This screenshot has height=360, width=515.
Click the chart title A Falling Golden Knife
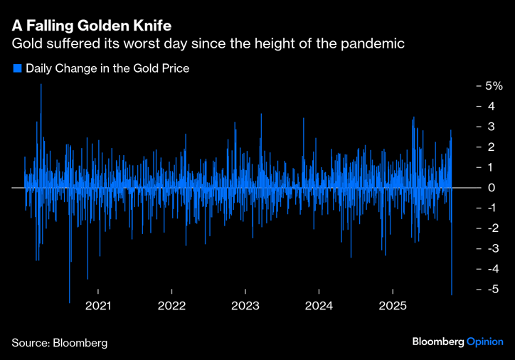click(x=91, y=26)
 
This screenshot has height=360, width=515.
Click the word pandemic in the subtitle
click(x=371, y=44)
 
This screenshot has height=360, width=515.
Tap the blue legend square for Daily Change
click(x=17, y=69)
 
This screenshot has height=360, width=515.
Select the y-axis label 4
click(x=491, y=106)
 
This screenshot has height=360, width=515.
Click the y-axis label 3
click(x=491, y=127)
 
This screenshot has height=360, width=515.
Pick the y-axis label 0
click(x=491, y=188)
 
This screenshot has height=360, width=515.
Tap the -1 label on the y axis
click(x=491, y=208)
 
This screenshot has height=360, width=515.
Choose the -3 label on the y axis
click(x=491, y=248)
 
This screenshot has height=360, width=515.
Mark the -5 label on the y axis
click(x=491, y=290)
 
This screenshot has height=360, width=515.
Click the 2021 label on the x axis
click(x=97, y=306)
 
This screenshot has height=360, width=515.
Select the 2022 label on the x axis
click(x=171, y=306)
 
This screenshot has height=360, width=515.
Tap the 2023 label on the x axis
click(x=245, y=306)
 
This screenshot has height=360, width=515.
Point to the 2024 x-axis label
click(x=319, y=306)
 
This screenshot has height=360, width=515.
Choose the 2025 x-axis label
click(x=393, y=306)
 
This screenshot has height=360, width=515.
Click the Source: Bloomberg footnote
click(x=59, y=343)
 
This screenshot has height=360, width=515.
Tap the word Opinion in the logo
click(x=484, y=342)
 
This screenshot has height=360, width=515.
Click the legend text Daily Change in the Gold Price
click(x=107, y=69)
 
